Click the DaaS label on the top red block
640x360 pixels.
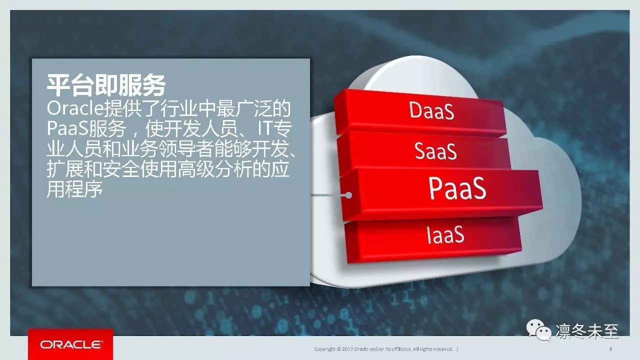tap(431, 110)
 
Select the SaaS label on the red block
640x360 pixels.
tap(435, 151)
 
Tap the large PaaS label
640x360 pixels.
tap(457, 188)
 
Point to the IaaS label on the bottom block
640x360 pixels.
tap(445, 234)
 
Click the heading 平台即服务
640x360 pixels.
tap(106, 85)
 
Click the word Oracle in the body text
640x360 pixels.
tap(75, 109)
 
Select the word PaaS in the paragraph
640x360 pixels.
tap(67, 129)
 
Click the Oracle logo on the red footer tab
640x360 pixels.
tap(71, 344)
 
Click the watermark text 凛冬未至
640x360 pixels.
tap(587, 331)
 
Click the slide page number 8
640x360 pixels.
tap(610, 349)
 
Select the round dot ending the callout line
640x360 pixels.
tap(348, 195)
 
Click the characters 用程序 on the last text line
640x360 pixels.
tap(74, 189)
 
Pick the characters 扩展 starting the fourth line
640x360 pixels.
tap(65, 169)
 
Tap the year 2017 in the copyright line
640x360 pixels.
tap(347, 349)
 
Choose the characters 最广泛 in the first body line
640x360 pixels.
tap(243, 109)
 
